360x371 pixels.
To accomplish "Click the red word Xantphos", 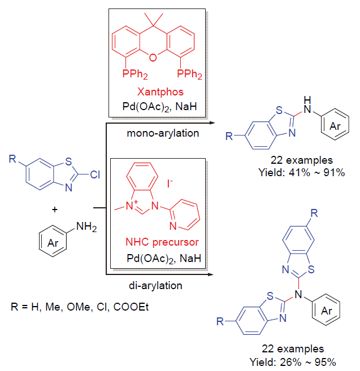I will [x=156, y=90].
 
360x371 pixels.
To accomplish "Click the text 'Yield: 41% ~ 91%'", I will [x=305, y=173].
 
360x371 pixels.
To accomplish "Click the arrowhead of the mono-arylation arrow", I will [x=211, y=121].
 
